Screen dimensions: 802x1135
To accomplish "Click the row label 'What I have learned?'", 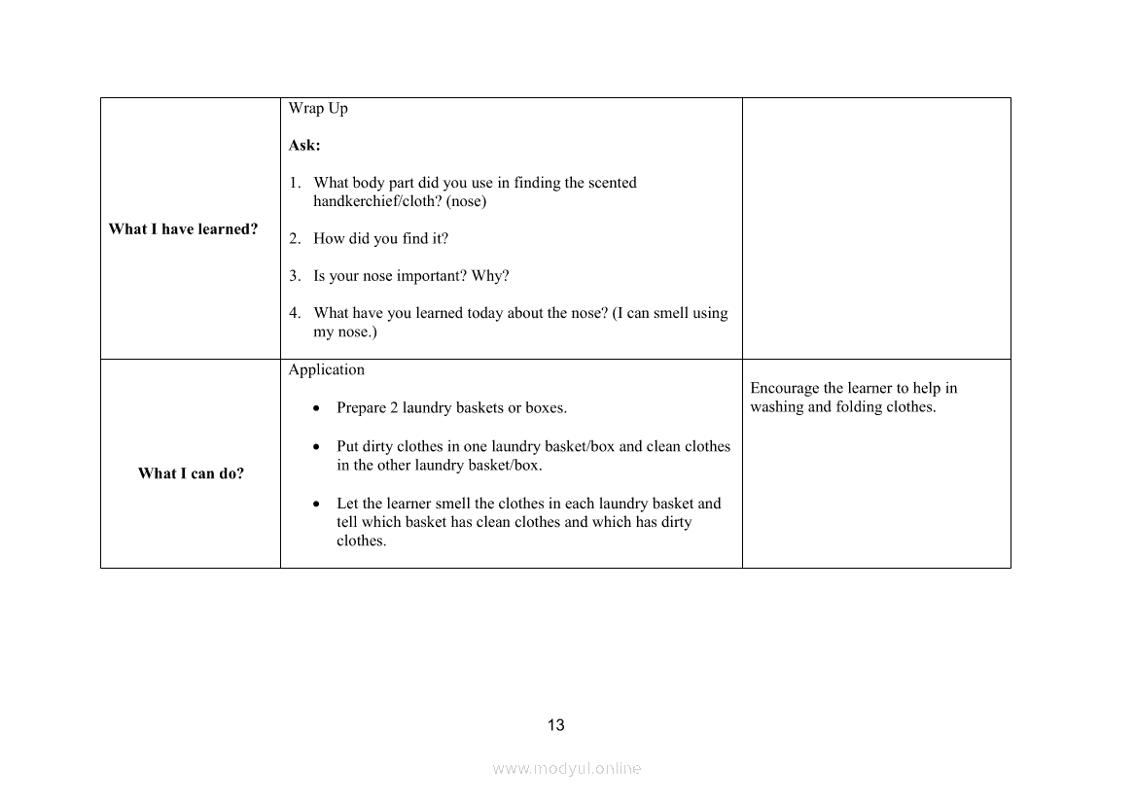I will [x=183, y=229].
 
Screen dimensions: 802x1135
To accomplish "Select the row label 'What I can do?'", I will [x=191, y=473].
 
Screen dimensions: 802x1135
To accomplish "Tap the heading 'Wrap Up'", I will [x=318, y=108].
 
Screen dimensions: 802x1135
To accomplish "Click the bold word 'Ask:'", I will [x=304, y=146].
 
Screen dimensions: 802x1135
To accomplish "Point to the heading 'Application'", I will [x=327, y=369].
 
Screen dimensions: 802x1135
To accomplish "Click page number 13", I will [x=556, y=725].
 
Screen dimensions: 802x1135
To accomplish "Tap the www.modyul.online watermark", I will [x=567, y=768].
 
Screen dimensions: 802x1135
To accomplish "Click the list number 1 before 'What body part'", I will [x=294, y=183].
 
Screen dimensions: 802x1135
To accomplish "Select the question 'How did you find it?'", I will [x=380, y=239].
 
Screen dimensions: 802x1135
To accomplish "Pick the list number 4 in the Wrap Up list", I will [x=294, y=313].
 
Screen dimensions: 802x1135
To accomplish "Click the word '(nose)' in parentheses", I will [x=466, y=201].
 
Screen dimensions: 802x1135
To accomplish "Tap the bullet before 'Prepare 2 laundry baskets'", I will [x=317, y=409].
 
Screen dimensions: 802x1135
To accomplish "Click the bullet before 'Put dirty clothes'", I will [x=317, y=448].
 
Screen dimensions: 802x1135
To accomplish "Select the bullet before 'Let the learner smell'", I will [x=317, y=505].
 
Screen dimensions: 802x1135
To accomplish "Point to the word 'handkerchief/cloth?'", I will [x=377, y=201].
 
